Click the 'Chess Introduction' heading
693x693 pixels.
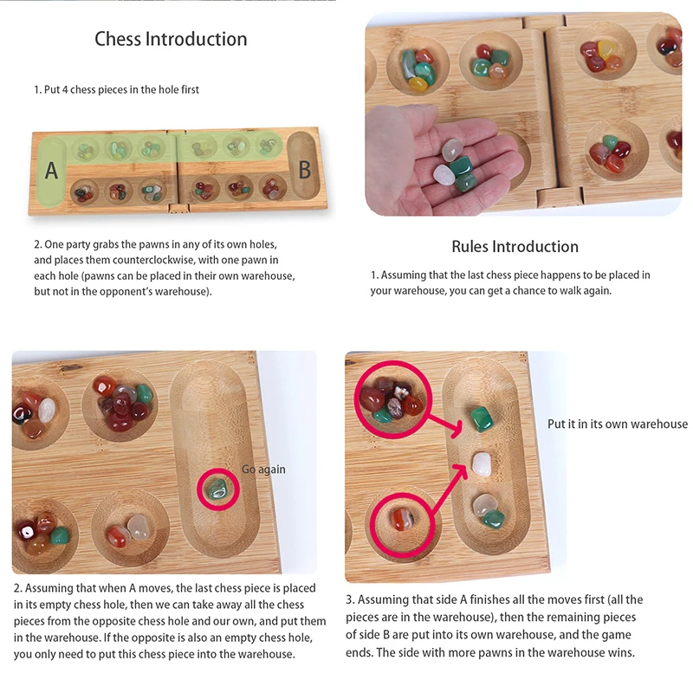[171, 39]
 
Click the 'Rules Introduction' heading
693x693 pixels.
[515, 247]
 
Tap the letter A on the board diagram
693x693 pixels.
[51, 171]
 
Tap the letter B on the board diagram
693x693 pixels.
[304, 169]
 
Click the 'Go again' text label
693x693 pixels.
[263, 470]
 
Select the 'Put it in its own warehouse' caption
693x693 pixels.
[617, 424]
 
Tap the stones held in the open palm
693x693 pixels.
[456, 165]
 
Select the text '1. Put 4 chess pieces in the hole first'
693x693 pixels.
[116, 89]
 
